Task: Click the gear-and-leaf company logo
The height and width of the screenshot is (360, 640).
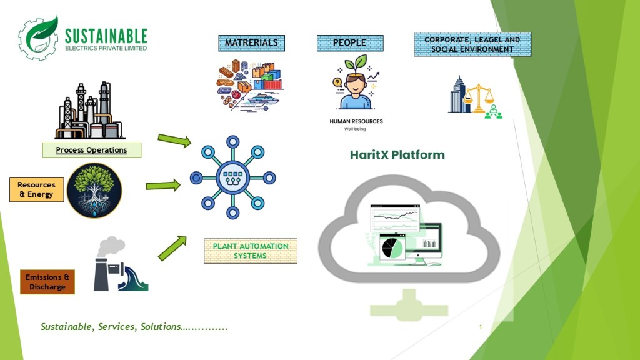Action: coord(39,38)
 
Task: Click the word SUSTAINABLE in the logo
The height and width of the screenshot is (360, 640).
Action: coord(106,36)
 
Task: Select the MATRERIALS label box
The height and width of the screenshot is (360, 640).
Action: coord(251,43)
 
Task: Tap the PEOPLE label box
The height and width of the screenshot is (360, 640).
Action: coord(349,43)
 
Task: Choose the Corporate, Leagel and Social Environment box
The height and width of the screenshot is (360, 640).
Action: coord(472,44)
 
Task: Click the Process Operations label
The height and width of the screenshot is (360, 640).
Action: coord(91,150)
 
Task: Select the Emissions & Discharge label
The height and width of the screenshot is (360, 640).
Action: coord(47,282)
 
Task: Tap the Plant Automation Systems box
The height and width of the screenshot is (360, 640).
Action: coord(251,251)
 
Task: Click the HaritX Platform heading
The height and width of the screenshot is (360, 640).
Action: coord(397,155)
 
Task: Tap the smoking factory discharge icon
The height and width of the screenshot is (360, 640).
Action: coord(119,265)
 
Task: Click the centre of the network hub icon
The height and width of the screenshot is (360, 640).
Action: coord(233,177)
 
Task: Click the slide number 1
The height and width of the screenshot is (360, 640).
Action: coord(481,327)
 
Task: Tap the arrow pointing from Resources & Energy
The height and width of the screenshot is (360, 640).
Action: coord(163,185)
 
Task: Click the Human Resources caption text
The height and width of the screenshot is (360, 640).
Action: coord(356,121)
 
